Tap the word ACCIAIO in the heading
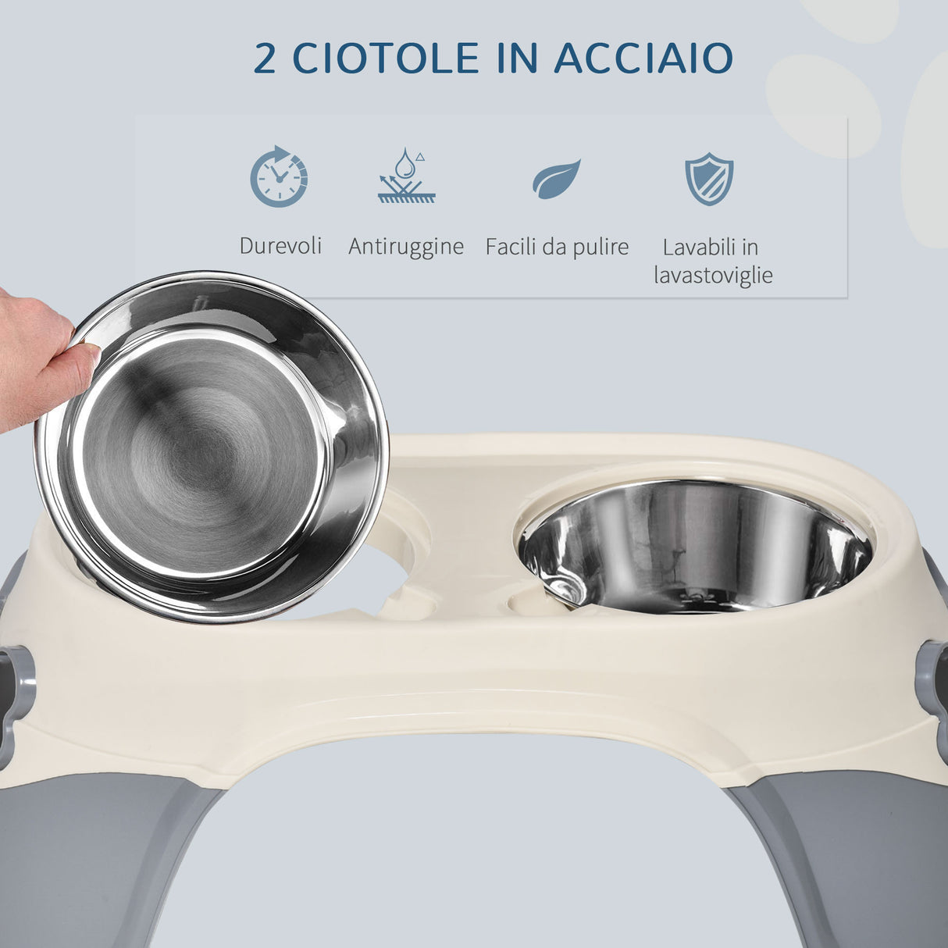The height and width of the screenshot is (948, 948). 643,59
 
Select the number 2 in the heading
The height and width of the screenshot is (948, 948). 265,59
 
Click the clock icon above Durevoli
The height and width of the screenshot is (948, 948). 279,176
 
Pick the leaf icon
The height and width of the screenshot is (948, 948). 557,179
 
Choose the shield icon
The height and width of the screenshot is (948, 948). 709,179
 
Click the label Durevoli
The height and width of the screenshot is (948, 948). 280,246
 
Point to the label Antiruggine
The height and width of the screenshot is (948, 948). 406,247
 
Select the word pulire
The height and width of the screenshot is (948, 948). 597,248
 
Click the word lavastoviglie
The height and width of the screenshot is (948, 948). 713,275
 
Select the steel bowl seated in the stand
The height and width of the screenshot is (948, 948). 695,547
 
